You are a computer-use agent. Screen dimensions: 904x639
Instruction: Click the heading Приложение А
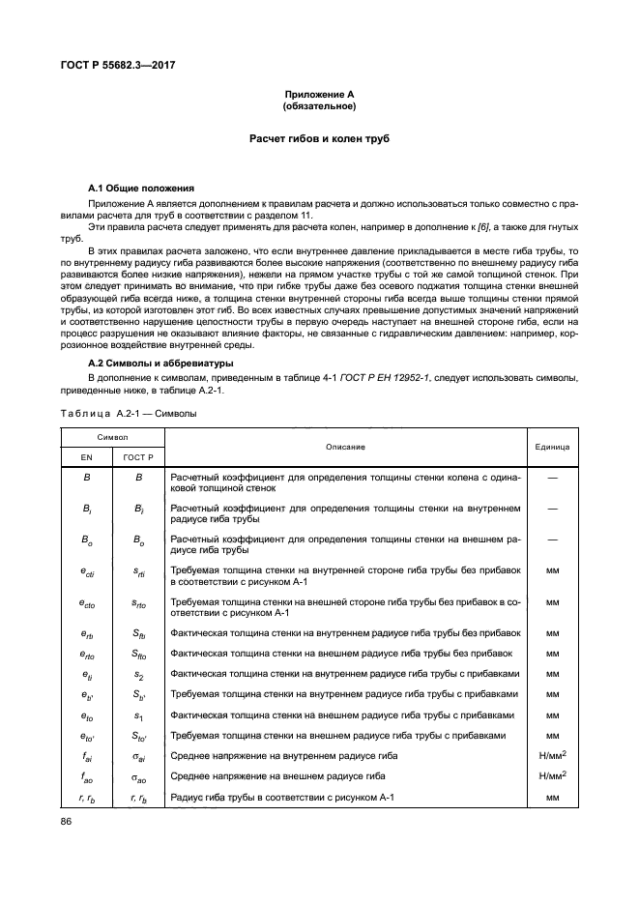[319, 94]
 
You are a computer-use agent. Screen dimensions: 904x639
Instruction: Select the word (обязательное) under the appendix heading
[319, 105]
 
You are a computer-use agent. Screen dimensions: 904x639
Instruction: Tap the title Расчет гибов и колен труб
[319, 140]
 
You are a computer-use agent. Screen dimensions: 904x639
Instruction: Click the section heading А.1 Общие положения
[141, 187]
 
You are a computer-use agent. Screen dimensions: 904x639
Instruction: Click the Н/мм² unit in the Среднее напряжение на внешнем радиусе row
[552, 774]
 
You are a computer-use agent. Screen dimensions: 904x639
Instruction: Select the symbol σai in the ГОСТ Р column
[137, 756]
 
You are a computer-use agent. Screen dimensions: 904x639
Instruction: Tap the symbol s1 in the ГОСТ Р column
[137, 714]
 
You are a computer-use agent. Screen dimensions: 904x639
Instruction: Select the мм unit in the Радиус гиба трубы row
[552, 798]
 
